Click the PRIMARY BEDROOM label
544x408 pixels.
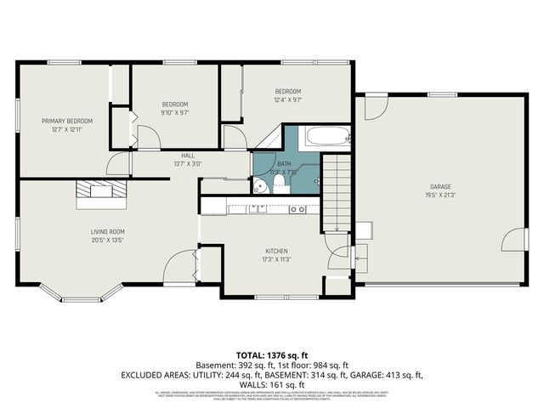pos(67,121)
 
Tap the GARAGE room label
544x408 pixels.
pos(439,186)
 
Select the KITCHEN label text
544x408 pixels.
pos(277,252)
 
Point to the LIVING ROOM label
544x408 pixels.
pos(108,231)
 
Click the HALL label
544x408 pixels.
pos(188,156)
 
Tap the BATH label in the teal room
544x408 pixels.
pos(283,163)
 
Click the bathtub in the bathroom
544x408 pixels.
pos(327,136)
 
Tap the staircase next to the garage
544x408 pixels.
pos(337,192)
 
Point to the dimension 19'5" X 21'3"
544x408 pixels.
pos(439,195)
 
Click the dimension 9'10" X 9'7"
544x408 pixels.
pos(174,112)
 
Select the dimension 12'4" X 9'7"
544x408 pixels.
pos(286,99)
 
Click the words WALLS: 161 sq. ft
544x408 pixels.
pos(272,382)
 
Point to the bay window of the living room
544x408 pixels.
pos(82,296)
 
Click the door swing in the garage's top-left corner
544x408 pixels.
pos(376,107)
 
